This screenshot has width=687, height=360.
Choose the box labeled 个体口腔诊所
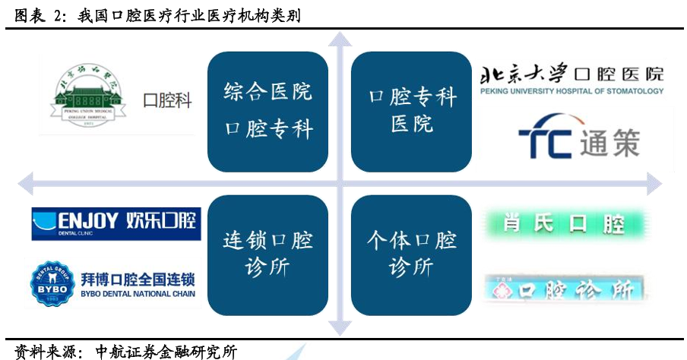tap(412, 254)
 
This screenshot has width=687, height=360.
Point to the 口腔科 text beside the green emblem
tap(167, 100)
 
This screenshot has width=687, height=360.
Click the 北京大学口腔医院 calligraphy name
tap(571, 74)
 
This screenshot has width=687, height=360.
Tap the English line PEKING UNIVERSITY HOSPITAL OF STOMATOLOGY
tap(571, 92)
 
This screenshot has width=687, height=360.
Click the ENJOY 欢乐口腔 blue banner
tap(116, 223)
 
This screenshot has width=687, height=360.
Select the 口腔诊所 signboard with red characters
tap(566, 290)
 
